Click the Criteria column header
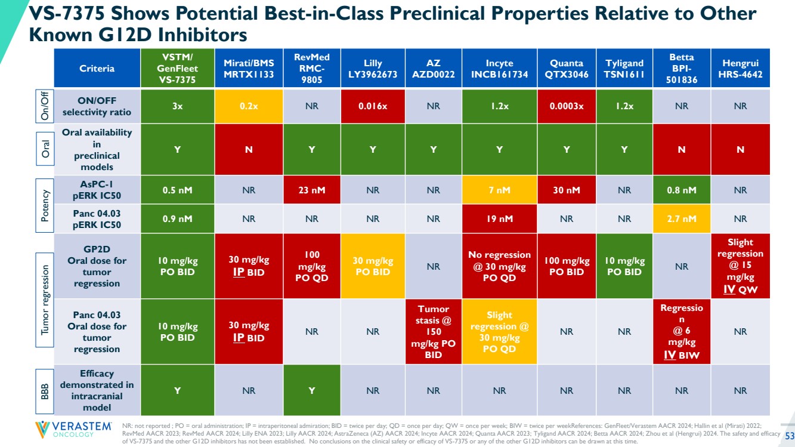tap(97, 69)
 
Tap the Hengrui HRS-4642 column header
tap(740, 69)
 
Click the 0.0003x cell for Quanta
tap(566, 106)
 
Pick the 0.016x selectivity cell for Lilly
tap(373, 106)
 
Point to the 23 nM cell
tap(312, 191)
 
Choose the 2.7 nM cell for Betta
tap(682, 219)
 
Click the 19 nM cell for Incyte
tap(499, 219)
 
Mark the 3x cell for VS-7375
tap(177, 106)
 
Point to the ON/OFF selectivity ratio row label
tap(97, 106)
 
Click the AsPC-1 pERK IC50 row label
tap(97, 191)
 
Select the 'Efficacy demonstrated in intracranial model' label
tap(97, 390)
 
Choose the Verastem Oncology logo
tap(73, 430)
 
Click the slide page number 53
tap(788, 435)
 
